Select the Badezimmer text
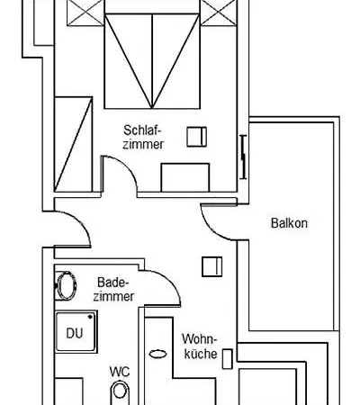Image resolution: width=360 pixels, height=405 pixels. coord(114,288)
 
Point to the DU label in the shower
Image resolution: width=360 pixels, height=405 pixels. coord(74,333)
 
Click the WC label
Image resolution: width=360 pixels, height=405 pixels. coord(119,370)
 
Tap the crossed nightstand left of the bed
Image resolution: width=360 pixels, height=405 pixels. coord(74,13)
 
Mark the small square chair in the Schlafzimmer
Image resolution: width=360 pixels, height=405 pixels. coord(195,137)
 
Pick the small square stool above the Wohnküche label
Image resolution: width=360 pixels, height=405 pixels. coord(212,267)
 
